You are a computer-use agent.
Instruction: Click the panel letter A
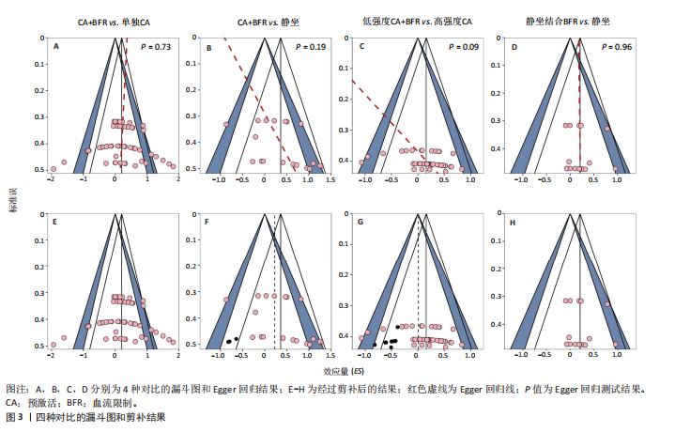(x=56, y=46)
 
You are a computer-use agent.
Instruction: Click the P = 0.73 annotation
(x=156, y=46)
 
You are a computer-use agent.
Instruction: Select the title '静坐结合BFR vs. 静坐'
(x=573, y=21)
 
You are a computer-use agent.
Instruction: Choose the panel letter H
(x=514, y=222)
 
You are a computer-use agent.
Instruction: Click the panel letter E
(x=56, y=222)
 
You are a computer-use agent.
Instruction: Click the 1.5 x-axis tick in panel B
(x=330, y=179)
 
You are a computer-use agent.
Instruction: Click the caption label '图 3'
(x=15, y=416)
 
